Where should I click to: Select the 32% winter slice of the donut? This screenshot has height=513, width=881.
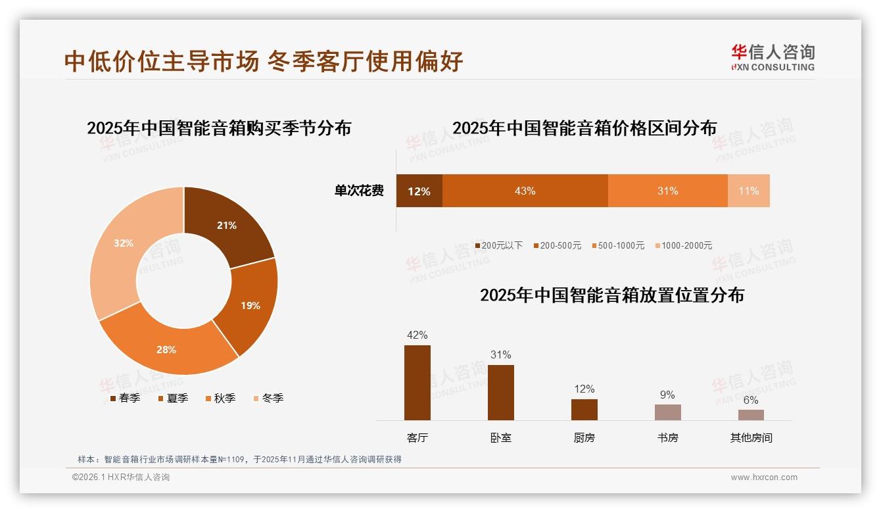pyautogui.click(x=125, y=243)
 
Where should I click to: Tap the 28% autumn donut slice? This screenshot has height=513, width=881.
pyautogui.click(x=167, y=349)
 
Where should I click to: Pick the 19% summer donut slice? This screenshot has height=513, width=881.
pyautogui.click(x=249, y=305)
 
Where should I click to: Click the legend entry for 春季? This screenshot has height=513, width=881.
pyautogui.click(x=124, y=398)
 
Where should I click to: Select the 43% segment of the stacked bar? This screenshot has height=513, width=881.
pyautogui.click(x=525, y=191)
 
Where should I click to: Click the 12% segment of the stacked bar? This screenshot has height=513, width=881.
pyautogui.click(x=419, y=191)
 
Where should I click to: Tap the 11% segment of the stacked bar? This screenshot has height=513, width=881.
pyautogui.click(x=748, y=191)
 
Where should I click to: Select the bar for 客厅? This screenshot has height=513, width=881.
pyautogui.click(x=417, y=383)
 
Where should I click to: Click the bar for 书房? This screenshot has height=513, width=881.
pyautogui.click(x=667, y=412)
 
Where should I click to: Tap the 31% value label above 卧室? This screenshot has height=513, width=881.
pyautogui.click(x=500, y=354)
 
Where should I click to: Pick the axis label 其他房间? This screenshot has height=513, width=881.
pyautogui.click(x=751, y=437)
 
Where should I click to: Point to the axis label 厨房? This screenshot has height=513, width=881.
pyautogui.click(x=584, y=437)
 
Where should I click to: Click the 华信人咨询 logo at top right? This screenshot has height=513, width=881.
pyautogui.click(x=773, y=57)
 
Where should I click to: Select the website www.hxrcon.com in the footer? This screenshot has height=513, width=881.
pyautogui.click(x=764, y=477)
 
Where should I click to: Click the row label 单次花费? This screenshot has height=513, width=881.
pyautogui.click(x=359, y=191)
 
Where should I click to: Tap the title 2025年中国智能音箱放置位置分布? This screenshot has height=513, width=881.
pyautogui.click(x=611, y=295)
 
